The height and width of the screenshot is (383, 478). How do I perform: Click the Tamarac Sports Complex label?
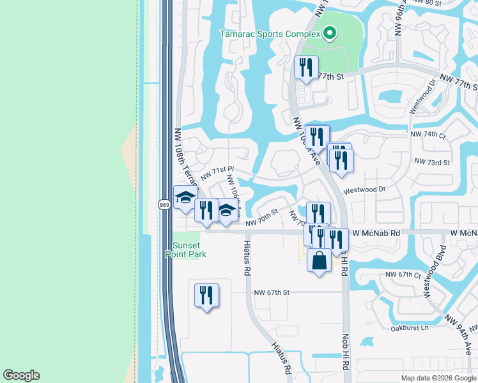coord(270,33)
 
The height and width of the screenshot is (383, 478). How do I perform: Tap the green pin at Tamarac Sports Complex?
coord(330,33)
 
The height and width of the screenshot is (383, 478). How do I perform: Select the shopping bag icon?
coord(320,261)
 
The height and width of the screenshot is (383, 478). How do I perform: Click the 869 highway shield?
coord(164,204)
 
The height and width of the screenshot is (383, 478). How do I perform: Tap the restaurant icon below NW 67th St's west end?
coord(206,296)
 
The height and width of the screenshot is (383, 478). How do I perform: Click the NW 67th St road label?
coord(272,292)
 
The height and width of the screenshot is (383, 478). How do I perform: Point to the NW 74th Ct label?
coord(426,134)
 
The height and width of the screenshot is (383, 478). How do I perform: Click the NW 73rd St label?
coord(432,162)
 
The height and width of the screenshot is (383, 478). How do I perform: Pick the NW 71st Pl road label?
coord(219,173)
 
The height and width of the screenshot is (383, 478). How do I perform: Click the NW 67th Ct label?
coord(403,274)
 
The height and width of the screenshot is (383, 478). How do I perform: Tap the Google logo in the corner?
coord(21,375)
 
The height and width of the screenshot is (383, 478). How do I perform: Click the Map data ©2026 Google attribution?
coord(438,378)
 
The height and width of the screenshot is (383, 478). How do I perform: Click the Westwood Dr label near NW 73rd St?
coord(365,190)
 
